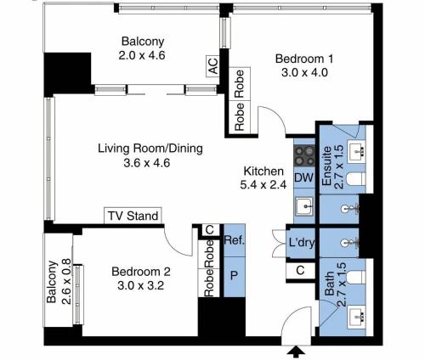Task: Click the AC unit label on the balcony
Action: coord(212,66)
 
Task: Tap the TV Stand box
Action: coord(133,216)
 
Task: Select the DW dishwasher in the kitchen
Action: coord(304,177)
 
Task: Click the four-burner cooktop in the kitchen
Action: coord(304,156)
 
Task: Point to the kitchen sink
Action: coord(304,206)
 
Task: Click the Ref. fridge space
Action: coord(235,240)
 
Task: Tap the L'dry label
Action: coord(302,243)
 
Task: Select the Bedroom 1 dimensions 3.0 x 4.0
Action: coord(304,73)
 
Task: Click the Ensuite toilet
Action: coord(355,178)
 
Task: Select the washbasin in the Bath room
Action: coord(356,318)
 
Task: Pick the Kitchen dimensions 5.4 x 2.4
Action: coord(263,185)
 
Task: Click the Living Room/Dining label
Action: coord(150,149)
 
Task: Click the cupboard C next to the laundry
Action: coord(300,271)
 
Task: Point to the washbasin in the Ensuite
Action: coord(356,151)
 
